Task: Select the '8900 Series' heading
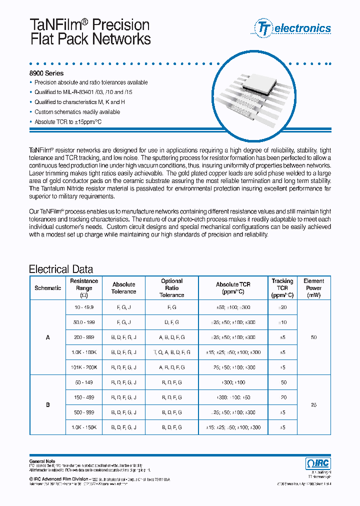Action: (46, 73)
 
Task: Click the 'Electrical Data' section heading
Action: (60, 269)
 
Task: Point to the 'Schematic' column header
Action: (48, 288)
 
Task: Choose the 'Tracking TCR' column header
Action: (282, 288)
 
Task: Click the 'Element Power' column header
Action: (313, 288)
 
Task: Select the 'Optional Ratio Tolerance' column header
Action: (171, 288)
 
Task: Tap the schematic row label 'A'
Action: (48, 337)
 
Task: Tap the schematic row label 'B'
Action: (48, 405)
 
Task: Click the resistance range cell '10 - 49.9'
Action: (84, 307)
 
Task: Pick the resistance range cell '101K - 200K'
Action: (84, 367)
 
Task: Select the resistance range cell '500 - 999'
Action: (84, 412)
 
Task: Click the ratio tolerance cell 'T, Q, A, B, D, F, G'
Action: (171, 352)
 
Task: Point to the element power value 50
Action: (313, 337)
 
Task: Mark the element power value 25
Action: (313, 405)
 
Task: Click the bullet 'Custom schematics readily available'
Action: (77, 112)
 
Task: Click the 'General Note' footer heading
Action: (42, 461)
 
